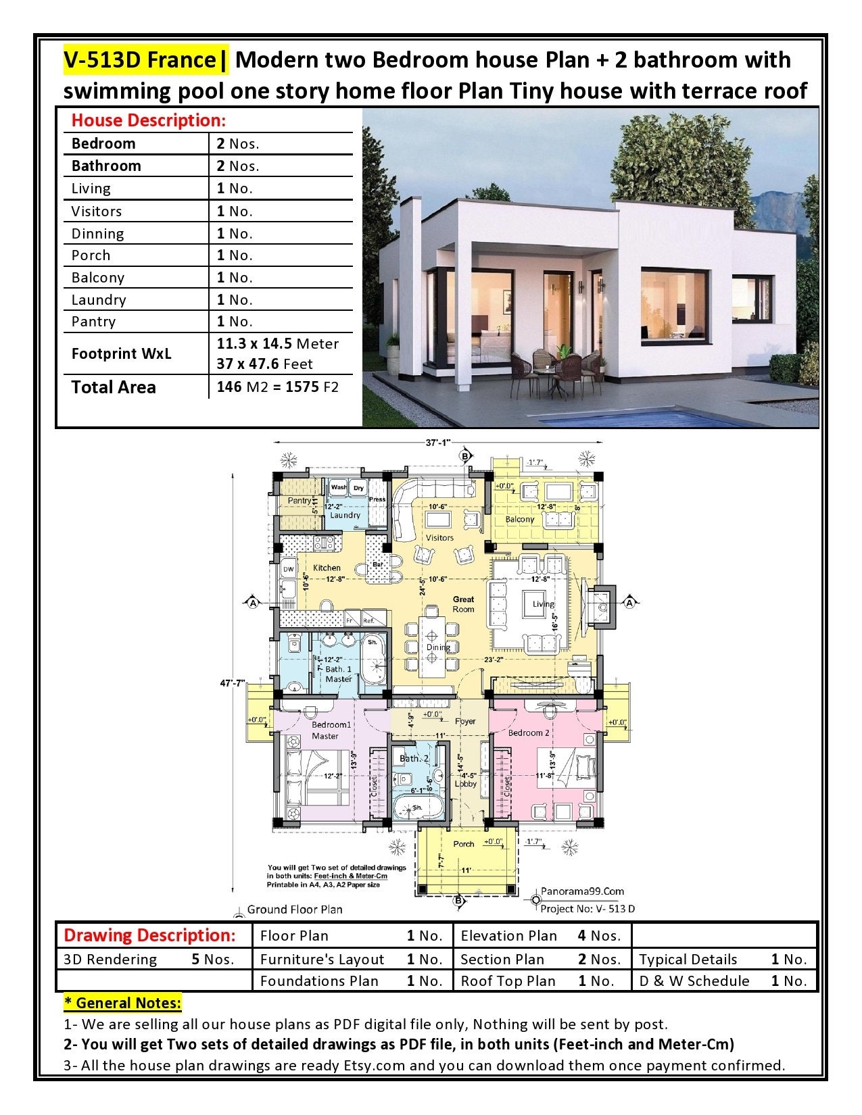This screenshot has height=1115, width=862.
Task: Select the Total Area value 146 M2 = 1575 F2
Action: [x=277, y=387]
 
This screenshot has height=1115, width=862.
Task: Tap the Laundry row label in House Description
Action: [x=99, y=299]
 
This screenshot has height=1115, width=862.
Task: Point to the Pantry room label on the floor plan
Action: [x=300, y=501]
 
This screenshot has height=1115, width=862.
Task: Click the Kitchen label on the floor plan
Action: [x=327, y=568]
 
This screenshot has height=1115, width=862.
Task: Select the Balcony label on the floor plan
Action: [x=520, y=520]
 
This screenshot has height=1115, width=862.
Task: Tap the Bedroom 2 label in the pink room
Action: [x=529, y=733]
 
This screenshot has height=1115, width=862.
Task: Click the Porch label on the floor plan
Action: [x=464, y=844]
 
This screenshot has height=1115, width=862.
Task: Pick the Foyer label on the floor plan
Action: [x=465, y=721]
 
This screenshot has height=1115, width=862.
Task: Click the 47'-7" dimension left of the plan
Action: [x=233, y=683]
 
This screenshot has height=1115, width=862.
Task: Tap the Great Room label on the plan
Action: [x=464, y=604]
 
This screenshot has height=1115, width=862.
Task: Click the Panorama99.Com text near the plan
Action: [x=582, y=891]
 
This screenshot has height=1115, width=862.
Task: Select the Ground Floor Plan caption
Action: [x=295, y=910]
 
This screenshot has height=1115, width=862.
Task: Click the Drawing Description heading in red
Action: [x=149, y=936]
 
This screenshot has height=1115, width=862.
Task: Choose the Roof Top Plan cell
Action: [x=508, y=981]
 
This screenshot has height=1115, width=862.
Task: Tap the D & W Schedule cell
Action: [x=694, y=981]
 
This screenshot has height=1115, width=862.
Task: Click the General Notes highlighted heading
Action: [x=122, y=1002]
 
